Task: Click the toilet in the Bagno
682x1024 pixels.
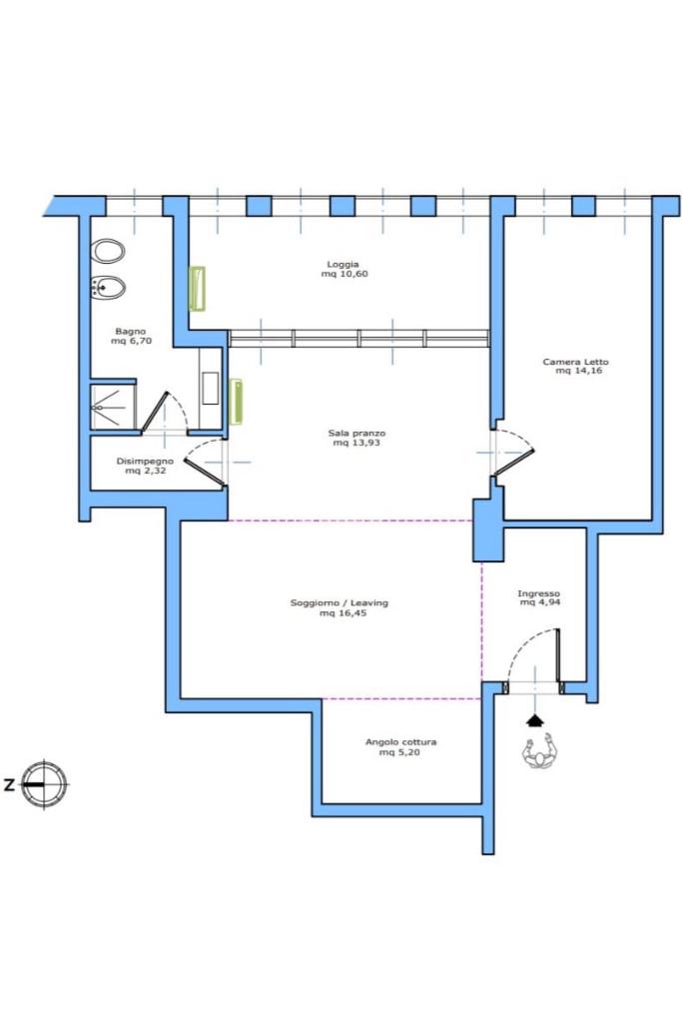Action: (x=108, y=251)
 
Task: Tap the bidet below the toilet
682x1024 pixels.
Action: (x=108, y=287)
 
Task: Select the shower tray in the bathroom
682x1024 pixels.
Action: (x=113, y=407)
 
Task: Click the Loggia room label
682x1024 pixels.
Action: (x=343, y=265)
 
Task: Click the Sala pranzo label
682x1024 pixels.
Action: (x=356, y=433)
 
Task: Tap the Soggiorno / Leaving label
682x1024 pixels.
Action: (x=340, y=602)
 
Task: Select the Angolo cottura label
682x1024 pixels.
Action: (x=400, y=742)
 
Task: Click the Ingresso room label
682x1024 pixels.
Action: (x=538, y=593)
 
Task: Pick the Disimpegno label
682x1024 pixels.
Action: (x=145, y=461)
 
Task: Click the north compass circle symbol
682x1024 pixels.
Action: (x=44, y=784)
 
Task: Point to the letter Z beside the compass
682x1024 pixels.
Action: (x=8, y=785)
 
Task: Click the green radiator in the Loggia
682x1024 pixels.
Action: (x=197, y=288)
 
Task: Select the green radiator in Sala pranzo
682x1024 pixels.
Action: (x=237, y=402)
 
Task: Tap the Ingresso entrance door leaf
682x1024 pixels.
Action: (x=558, y=655)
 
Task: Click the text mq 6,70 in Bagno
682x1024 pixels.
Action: (x=131, y=341)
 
